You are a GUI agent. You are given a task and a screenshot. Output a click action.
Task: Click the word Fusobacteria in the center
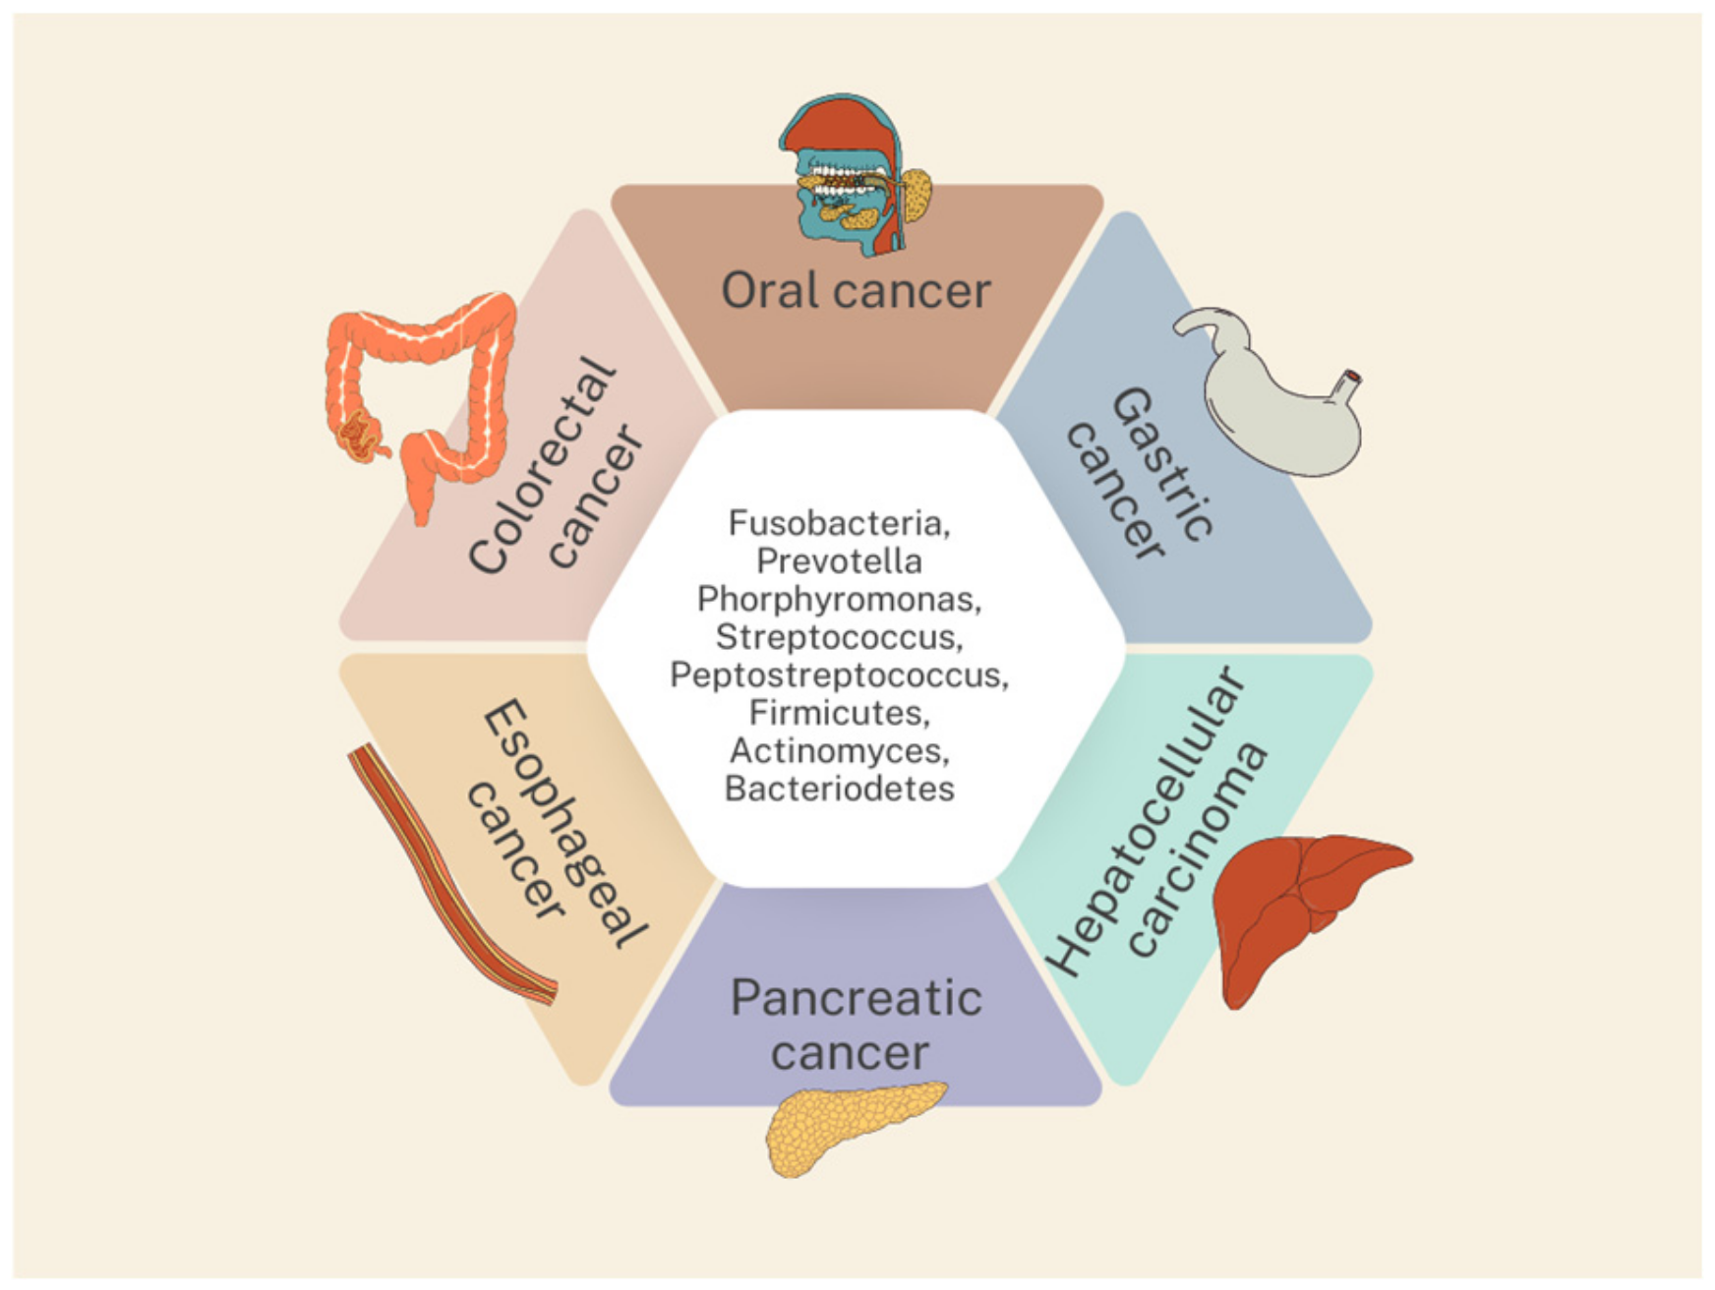pyautogui.click(x=838, y=522)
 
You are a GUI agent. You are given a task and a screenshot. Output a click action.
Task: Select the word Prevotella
pyautogui.click(x=838, y=560)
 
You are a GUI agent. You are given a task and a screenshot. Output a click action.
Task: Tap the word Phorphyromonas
pyautogui.click(x=838, y=599)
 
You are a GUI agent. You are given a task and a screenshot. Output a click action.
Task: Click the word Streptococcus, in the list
pyautogui.click(x=838, y=636)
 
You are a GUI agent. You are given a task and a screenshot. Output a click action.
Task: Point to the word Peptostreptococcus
pyautogui.click(x=838, y=674)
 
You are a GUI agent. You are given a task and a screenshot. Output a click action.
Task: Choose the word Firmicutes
pyautogui.click(x=838, y=712)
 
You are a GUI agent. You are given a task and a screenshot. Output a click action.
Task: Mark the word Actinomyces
pyautogui.click(x=838, y=750)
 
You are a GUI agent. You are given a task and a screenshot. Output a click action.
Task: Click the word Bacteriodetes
pyautogui.click(x=838, y=789)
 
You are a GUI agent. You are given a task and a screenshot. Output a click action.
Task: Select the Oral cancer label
pyautogui.click(x=855, y=291)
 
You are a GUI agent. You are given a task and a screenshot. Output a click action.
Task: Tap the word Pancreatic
pyautogui.click(x=855, y=999)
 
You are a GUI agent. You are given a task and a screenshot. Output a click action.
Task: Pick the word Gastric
pyautogui.click(x=1162, y=464)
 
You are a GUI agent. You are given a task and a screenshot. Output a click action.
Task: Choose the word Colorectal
pyautogui.click(x=542, y=465)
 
